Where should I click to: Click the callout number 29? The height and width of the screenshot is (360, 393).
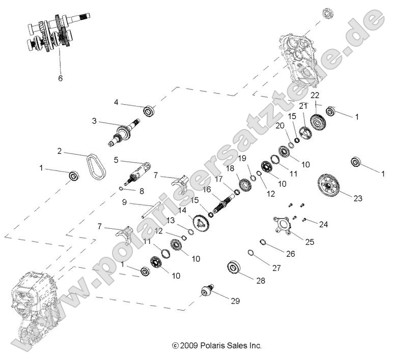coord(235,301)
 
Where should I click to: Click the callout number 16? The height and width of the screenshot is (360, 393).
coord(207,189)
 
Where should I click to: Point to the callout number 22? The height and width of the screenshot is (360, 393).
coord(315,96)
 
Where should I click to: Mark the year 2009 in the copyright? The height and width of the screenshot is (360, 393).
coord(187,346)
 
